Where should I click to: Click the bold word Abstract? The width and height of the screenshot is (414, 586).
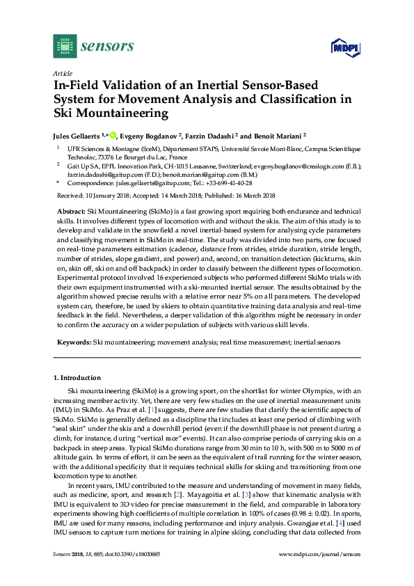coord(70,210)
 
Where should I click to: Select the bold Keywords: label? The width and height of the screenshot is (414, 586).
coord(73,342)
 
